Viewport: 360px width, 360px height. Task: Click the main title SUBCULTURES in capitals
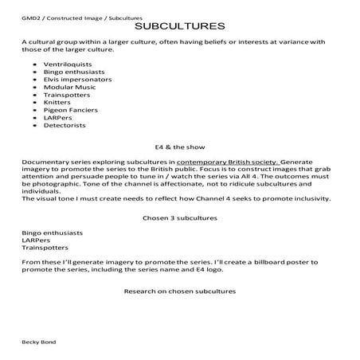point(179,25)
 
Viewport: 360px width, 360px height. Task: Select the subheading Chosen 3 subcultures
point(179,217)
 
